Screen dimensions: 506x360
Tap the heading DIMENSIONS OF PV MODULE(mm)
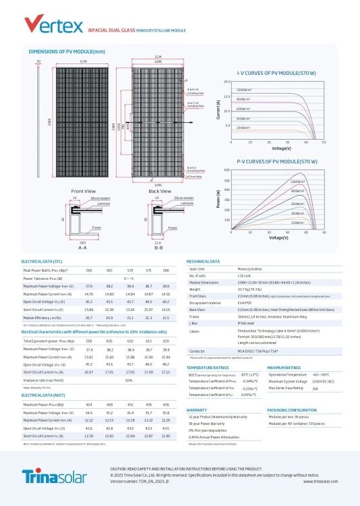point(67,52)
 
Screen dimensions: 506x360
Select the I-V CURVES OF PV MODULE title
point(276,72)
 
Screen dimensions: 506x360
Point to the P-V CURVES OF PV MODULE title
point(276,162)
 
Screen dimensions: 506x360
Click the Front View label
point(83,192)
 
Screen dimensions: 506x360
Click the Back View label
point(159,192)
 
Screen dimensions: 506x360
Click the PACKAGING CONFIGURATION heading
point(293,410)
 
